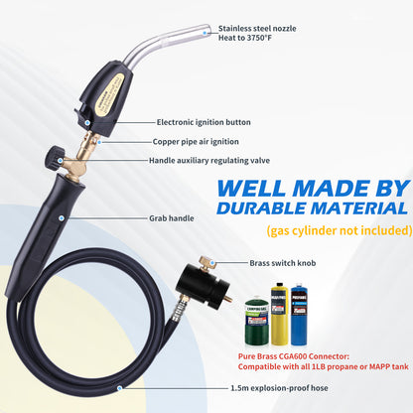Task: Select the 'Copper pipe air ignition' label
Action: pyautogui.click(x=198, y=141)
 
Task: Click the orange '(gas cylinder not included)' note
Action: pyautogui.click(x=339, y=230)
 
